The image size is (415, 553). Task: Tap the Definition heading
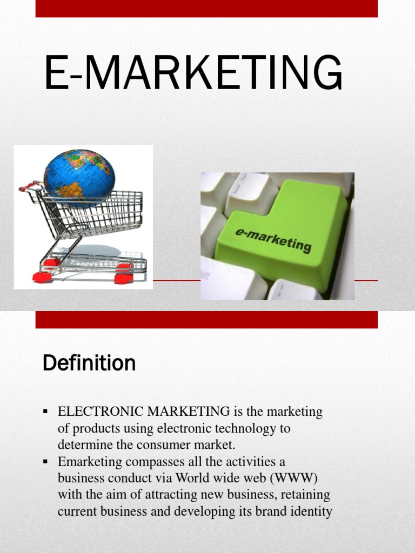click(89, 363)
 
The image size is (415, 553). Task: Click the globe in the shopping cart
click(79, 178)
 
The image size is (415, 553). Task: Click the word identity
click(311, 511)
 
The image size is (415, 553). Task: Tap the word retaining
click(306, 495)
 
